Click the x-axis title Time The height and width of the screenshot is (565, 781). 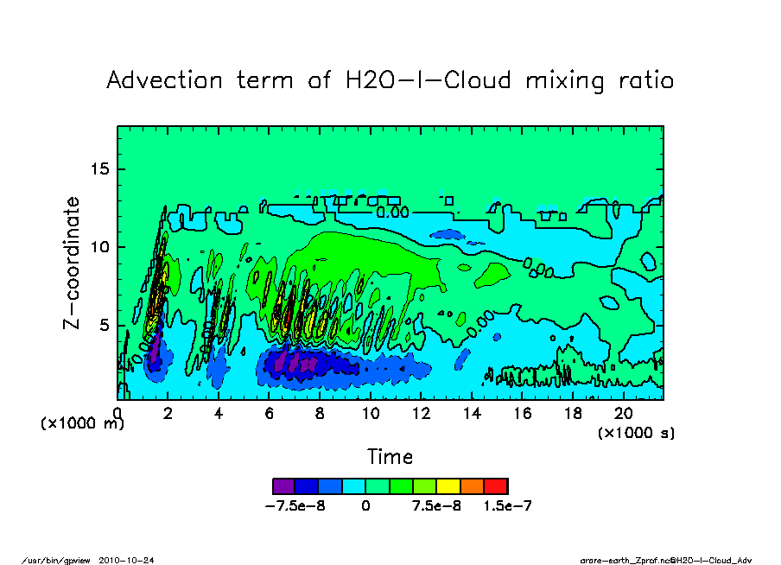(x=390, y=456)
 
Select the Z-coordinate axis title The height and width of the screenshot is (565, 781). (x=73, y=263)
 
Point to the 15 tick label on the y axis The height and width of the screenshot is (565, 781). (x=101, y=168)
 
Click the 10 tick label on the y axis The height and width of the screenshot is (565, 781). (x=101, y=247)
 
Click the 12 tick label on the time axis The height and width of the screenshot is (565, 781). (x=421, y=414)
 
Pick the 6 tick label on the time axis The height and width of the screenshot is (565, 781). (x=270, y=414)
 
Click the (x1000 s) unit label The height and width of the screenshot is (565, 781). (x=637, y=432)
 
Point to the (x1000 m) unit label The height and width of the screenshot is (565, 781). (x=82, y=425)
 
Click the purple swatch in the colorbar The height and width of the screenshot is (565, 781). (x=283, y=486)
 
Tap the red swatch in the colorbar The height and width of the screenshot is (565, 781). (x=496, y=486)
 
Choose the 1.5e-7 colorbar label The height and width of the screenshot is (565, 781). (x=507, y=506)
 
